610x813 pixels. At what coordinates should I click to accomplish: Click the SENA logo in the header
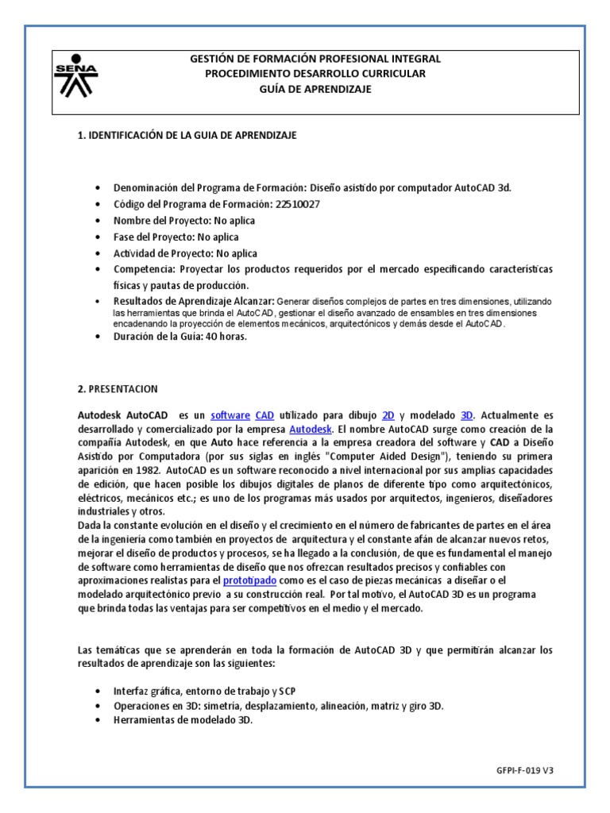(75, 77)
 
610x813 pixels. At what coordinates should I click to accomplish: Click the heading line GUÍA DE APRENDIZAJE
(315, 89)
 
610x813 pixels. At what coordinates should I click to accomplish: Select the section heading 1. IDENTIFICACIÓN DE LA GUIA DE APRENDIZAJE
(187, 135)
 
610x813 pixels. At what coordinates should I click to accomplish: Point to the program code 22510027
(298, 204)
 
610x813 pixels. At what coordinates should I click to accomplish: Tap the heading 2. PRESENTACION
(118, 389)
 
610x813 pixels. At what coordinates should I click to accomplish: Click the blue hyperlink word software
(230, 415)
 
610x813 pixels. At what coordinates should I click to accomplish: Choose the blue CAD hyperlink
(264, 415)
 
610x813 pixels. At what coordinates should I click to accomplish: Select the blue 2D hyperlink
(388, 415)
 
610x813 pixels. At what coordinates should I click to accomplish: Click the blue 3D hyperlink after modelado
(467, 415)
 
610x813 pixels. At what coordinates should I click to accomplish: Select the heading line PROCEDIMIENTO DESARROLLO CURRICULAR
(315, 74)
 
